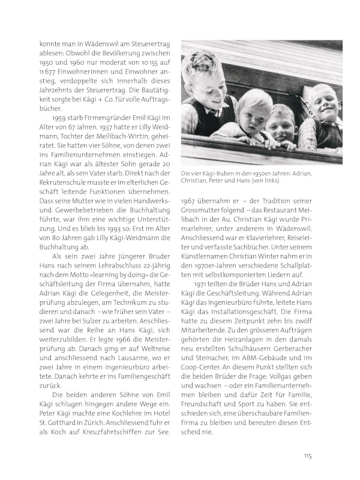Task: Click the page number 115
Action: click(x=307, y=455)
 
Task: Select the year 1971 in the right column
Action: click(x=203, y=284)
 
